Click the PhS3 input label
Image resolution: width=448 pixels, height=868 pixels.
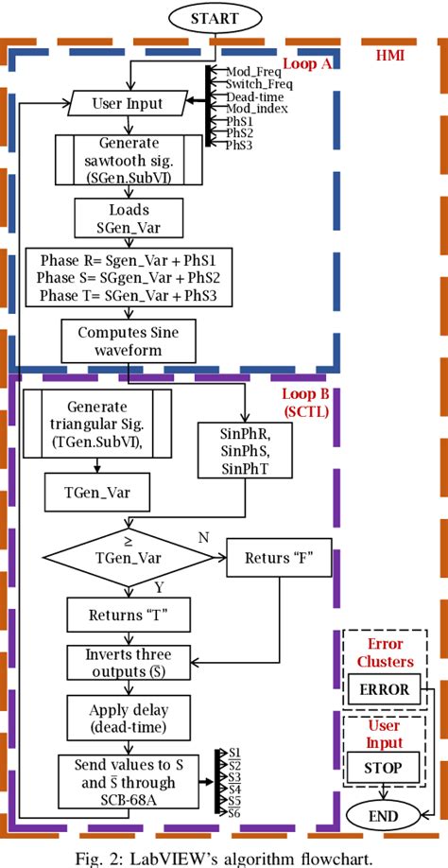[240, 146]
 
